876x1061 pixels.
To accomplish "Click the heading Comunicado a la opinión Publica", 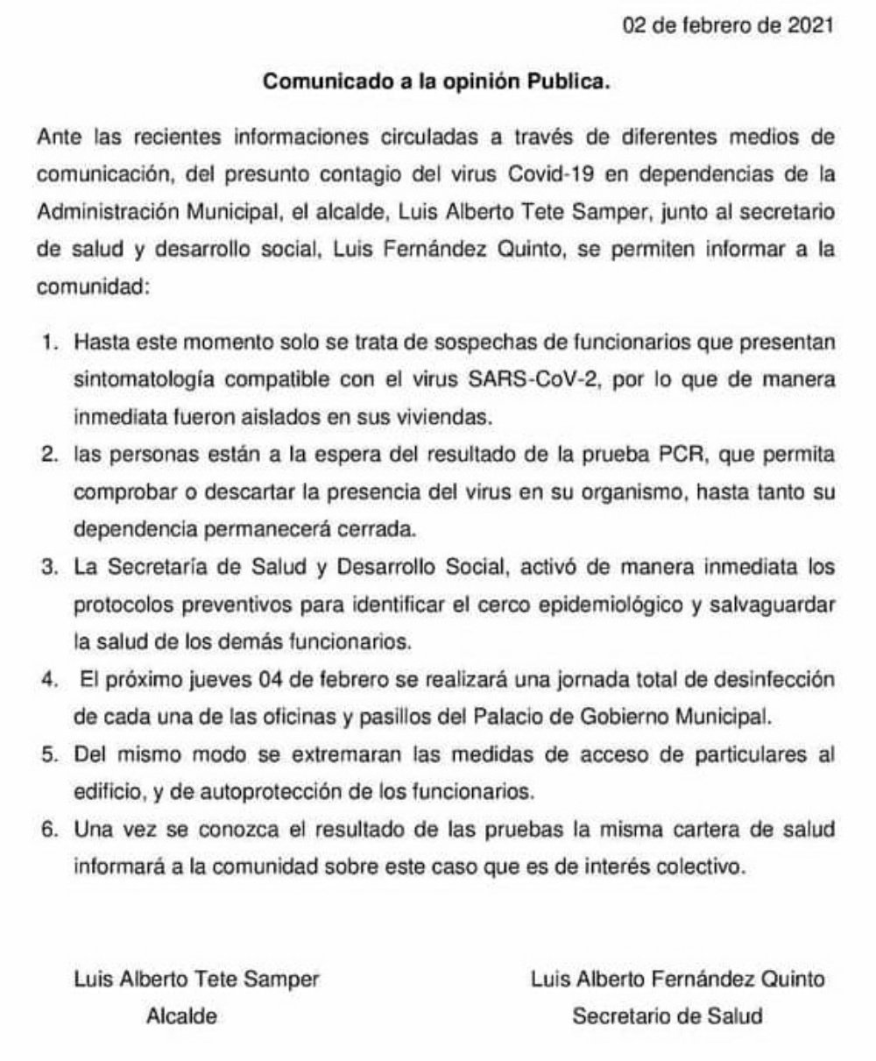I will coord(436,84).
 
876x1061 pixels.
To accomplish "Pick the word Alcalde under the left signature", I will coord(180,1017).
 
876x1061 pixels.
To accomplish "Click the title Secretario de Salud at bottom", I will coord(668,1017).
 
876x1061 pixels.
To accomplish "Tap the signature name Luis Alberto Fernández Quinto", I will coord(677,980).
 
